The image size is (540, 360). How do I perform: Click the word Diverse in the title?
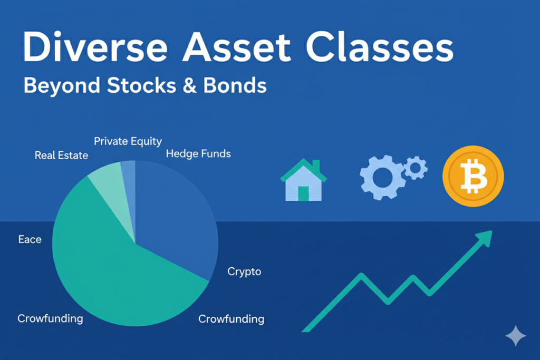coord(95,46)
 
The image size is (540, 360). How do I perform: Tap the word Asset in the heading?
coord(237,46)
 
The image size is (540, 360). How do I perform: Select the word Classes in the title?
coord(380,46)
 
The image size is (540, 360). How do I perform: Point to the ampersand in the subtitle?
coord(189,85)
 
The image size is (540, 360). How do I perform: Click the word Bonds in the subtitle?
coord(235,85)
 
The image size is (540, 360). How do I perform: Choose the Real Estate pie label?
coord(61,155)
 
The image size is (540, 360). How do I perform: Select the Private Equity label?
coord(128,141)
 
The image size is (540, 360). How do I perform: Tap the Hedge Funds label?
coord(198,153)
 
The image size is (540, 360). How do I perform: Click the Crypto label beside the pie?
coord(244,271)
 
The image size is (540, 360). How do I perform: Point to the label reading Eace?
coord(30,239)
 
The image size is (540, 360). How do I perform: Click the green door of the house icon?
coord(303,193)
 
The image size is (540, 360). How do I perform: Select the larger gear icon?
coord(382,177)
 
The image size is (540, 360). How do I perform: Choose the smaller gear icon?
coord(416,168)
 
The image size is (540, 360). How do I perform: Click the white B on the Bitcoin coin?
coord(474,177)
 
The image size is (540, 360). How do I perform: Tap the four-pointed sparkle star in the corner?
coord(516,336)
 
